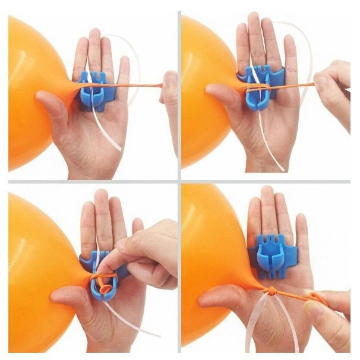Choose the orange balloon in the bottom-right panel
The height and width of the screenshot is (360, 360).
click(208, 255)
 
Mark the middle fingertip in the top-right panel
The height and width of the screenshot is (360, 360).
click(255, 21)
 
